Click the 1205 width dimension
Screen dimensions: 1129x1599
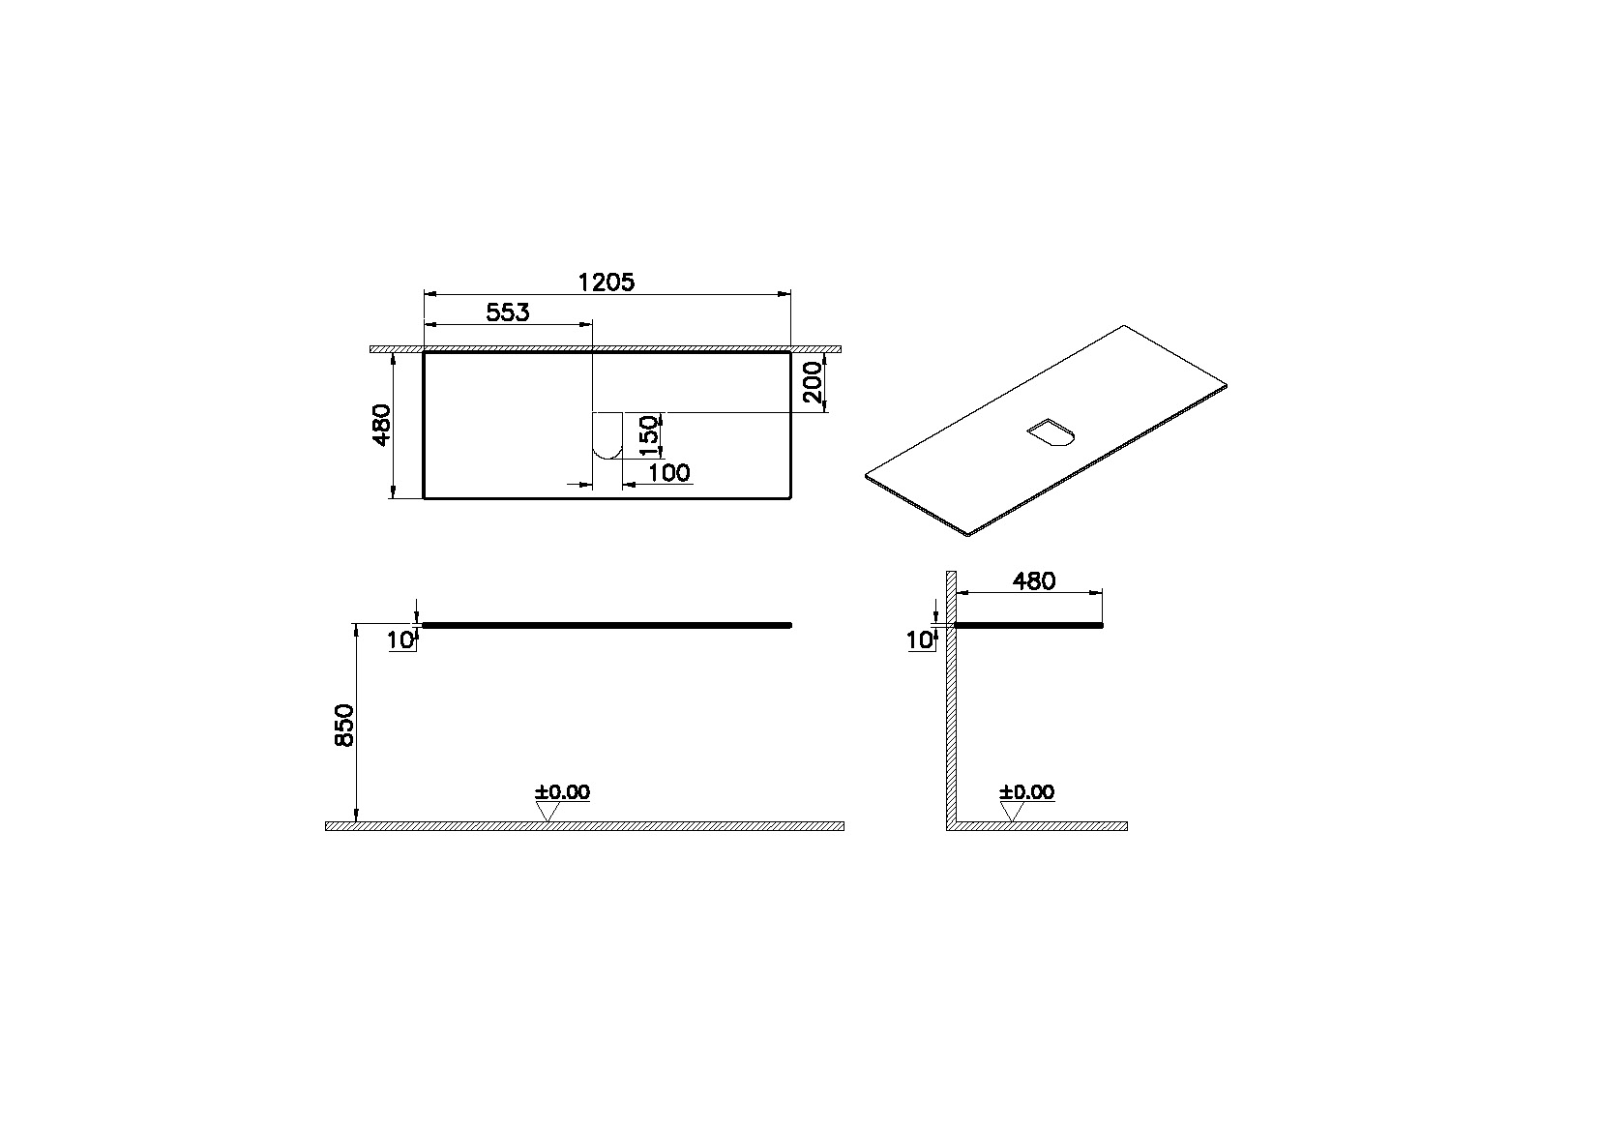click(607, 282)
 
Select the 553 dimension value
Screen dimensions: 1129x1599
click(508, 312)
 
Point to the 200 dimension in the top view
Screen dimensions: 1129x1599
click(814, 382)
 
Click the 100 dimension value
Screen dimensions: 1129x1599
click(669, 472)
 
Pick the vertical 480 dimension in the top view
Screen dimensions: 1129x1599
click(382, 425)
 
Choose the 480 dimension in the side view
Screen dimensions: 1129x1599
click(1033, 580)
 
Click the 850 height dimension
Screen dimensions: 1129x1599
click(344, 725)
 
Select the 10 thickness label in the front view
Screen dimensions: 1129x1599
click(400, 639)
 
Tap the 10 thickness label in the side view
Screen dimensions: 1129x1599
click(920, 639)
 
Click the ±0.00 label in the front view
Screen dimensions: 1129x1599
click(562, 792)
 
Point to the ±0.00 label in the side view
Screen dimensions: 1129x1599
click(1026, 792)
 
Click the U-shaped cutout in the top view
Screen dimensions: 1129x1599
click(607, 435)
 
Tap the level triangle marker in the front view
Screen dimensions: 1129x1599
click(548, 811)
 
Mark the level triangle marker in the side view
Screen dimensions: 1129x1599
click(1013, 811)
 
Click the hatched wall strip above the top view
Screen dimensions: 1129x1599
click(607, 348)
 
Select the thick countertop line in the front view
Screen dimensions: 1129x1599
click(607, 626)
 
